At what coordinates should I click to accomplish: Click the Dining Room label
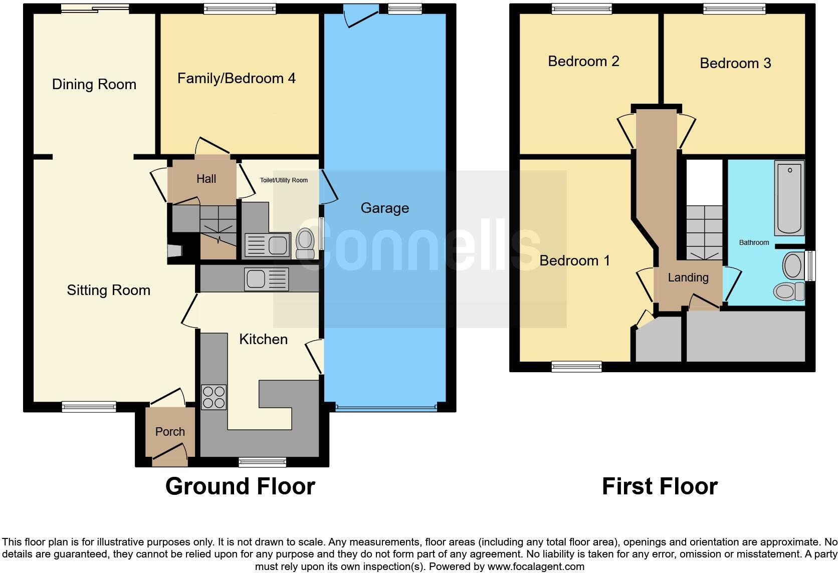point(94,84)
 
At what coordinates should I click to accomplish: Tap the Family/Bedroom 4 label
point(236,78)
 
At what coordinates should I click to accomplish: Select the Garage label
point(384,208)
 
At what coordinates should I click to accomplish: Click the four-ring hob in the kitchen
point(214,397)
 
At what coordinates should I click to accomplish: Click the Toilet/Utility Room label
point(284,180)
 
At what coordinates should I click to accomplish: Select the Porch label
point(170,432)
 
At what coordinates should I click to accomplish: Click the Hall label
point(206,179)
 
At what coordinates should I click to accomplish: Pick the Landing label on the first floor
point(688,277)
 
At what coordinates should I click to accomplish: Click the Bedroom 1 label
point(574,260)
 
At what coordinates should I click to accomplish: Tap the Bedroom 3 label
point(735,63)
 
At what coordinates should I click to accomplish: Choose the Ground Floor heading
point(240,486)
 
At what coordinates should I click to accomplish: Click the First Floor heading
point(659,486)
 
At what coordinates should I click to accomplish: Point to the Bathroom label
point(753,242)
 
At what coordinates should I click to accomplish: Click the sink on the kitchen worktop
point(267,279)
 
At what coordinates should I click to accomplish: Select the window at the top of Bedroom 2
point(581,8)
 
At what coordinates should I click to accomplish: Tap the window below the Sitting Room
point(89,407)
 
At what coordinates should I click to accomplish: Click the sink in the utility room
point(267,245)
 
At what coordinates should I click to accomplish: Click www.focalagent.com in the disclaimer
point(536,566)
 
